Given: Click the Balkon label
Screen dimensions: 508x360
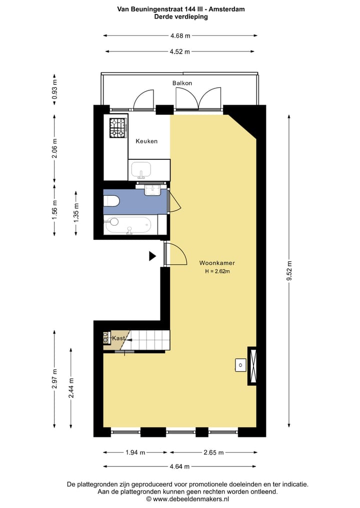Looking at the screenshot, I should [x=182, y=83].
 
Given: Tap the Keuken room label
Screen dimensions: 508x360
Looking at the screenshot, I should [x=146, y=141].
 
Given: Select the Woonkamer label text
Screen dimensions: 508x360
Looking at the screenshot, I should [x=217, y=263].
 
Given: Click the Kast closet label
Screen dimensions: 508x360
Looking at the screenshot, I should [x=118, y=339].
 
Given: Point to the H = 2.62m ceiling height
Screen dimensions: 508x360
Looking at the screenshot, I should [x=217, y=272].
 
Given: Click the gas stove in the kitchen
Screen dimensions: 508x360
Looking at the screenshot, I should [x=118, y=127].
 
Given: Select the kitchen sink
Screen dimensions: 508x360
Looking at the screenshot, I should [x=142, y=170].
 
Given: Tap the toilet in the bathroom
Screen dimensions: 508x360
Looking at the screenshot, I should [x=111, y=201].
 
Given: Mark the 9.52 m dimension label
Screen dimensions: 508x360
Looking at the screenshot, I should [x=289, y=272].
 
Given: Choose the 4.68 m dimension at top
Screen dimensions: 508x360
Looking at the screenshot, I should [x=180, y=36].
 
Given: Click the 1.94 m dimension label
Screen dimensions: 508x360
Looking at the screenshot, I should [x=135, y=453].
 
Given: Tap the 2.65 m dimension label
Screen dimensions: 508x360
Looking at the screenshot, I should [x=213, y=453].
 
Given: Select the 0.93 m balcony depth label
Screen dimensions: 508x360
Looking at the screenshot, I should [x=55, y=90].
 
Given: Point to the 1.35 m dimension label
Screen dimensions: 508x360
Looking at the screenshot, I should [x=76, y=212].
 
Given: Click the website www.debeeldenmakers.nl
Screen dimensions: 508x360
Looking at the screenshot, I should [x=187, y=499].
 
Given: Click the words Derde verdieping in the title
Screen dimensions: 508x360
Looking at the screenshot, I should [x=180, y=16].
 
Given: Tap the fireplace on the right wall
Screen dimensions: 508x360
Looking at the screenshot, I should [x=252, y=366].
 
